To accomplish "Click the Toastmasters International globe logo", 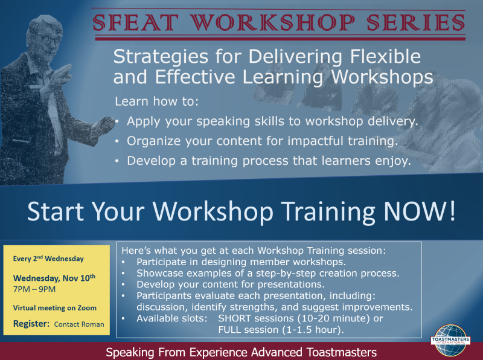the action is click(x=450, y=340).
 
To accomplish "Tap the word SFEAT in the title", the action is click(x=135, y=22).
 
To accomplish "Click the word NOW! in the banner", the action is click(x=419, y=211).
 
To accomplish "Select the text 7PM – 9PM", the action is click(x=34, y=289).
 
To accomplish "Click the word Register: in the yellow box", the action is click(x=31, y=324).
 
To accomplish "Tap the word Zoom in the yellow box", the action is click(x=87, y=307).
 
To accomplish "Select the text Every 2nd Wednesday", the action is click(x=48, y=259).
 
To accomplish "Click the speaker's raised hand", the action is click(x=62, y=75).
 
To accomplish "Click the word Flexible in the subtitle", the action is click(x=385, y=57).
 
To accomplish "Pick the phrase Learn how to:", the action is click(x=157, y=101).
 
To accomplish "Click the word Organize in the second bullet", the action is click(x=154, y=141).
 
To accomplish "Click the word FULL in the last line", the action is click(x=228, y=329).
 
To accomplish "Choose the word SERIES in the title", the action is click(x=415, y=22).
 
